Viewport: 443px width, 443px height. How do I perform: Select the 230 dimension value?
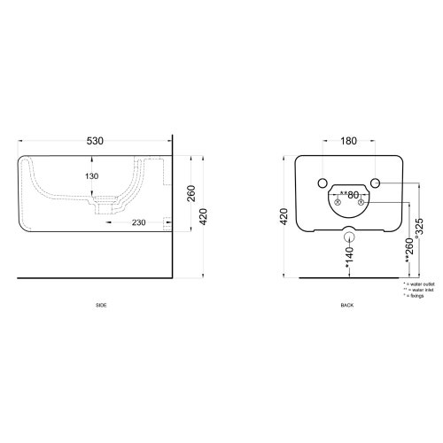click(138, 222)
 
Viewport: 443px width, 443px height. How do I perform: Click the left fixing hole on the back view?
click(320, 183)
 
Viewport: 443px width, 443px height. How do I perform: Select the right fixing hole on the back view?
click(375, 183)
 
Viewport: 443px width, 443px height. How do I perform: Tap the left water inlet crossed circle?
click(334, 202)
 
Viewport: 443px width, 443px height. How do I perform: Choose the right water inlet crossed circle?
click(361, 202)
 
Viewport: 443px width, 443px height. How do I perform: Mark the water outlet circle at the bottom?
click(347, 237)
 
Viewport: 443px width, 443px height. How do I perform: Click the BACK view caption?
click(347, 304)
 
